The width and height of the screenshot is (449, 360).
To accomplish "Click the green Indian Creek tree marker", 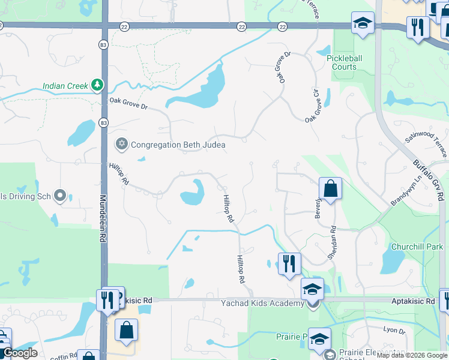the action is (97, 86).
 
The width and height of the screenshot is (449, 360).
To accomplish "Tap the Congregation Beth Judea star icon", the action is (122, 144).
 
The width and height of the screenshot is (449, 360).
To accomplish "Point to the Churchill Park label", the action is (417, 247).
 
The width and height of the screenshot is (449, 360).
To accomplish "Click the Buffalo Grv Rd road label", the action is (429, 179).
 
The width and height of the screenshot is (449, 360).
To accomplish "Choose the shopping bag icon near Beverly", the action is (330, 189).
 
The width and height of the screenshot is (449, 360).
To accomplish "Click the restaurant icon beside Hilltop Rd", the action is (289, 263).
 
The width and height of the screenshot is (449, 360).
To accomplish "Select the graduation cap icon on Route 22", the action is (362, 24).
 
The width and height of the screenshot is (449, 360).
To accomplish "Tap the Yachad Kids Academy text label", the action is (262, 304).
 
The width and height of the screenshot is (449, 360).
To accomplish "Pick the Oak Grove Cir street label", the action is (319, 107).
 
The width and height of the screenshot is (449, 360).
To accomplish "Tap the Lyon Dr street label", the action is (394, 330).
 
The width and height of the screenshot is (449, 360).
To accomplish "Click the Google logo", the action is (19, 353).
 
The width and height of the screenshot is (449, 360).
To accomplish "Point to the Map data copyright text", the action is (412, 355).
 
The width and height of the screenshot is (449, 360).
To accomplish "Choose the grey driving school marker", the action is (60, 195).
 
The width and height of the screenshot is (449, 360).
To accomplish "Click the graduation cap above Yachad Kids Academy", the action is (312, 289).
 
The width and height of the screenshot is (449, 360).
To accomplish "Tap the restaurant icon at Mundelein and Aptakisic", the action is (107, 299).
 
